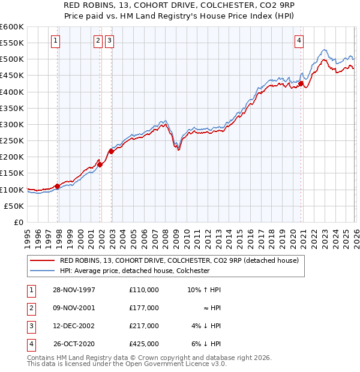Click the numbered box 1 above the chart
pyautogui.click(x=55, y=41)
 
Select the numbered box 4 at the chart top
pyautogui.click(x=298, y=41)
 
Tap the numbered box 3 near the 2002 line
pyautogui.click(x=110, y=41)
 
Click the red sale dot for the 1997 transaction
pyautogui.click(x=58, y=186)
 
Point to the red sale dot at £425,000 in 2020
pyautogui.click(x=301, y=84)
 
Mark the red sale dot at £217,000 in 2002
pyautogui.click(x=111, y=151)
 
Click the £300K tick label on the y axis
pyautogui.click(x=12, y=124)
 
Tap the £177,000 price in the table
pyautogui.click(x=143, y=308)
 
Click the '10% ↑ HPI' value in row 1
pyautogui.click(x=203, y=289)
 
